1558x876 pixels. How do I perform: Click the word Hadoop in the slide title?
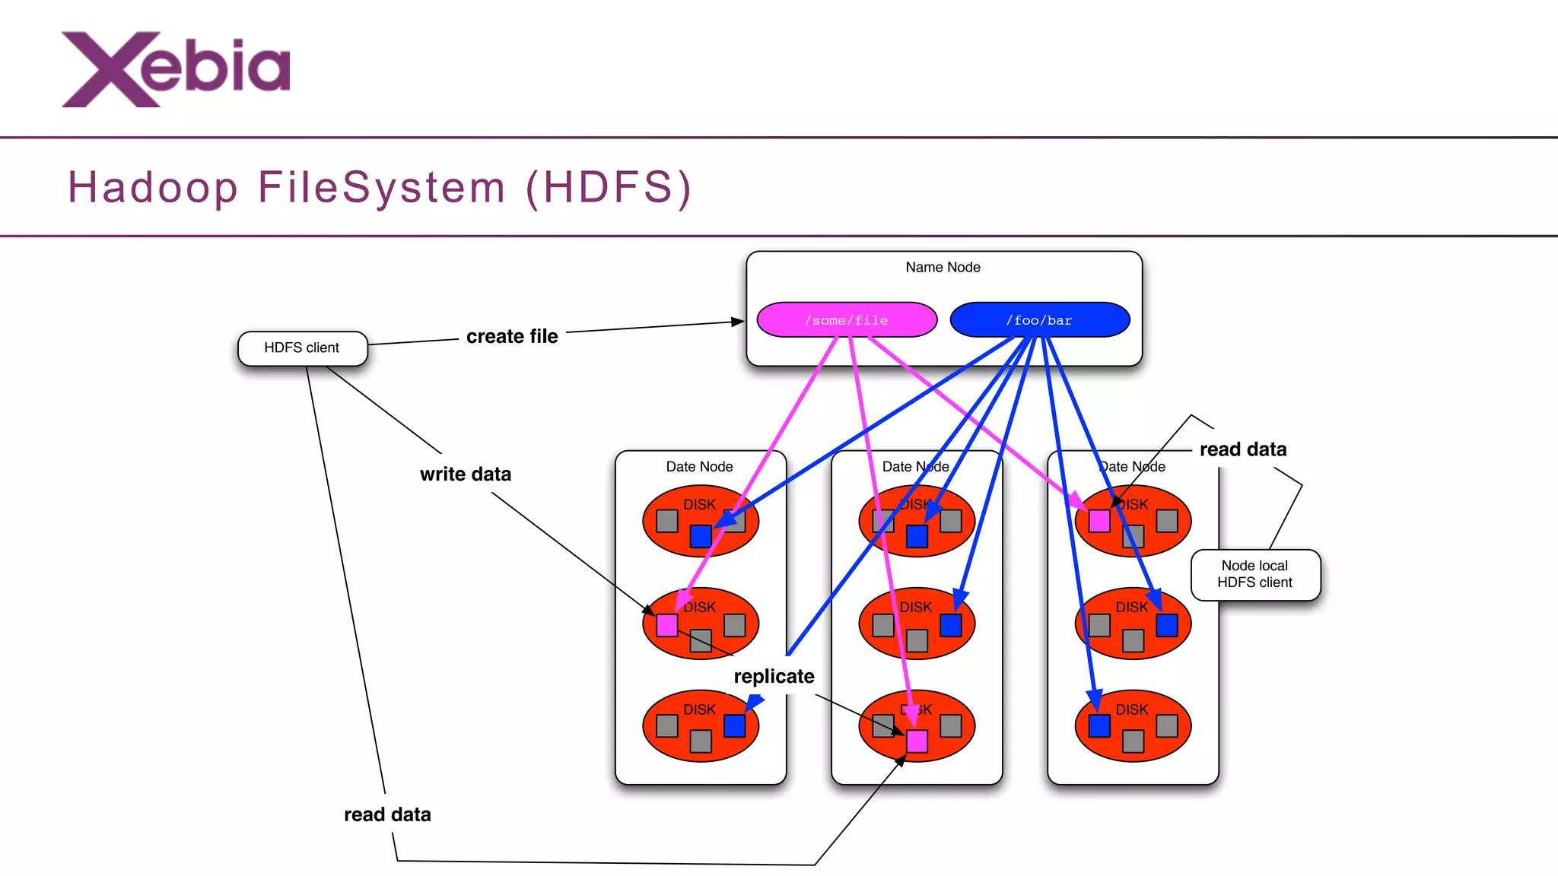(152, 187)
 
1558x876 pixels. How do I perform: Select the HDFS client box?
(302, 348)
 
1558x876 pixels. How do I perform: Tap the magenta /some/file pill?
(846, 320)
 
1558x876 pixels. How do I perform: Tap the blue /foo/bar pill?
(1039, 320)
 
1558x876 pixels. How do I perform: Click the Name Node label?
(943, 268)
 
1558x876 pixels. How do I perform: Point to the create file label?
(512, 336)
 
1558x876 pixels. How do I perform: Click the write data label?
(466, 474)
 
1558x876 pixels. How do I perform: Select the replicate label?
(774, 676)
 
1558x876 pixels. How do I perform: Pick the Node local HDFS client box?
(1255, 575)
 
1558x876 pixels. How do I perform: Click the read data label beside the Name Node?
(1243, 449)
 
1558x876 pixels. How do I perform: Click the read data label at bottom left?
(387, 814)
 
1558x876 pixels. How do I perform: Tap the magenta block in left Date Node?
(667, 625)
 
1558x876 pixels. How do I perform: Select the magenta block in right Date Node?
(1099, 521)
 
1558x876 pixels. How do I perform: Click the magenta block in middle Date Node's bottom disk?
(917, 741)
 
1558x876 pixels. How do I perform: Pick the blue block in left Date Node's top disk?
(701, 536)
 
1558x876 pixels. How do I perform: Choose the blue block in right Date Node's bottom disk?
(1099, 726)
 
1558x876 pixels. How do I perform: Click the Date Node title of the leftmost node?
(699, 467)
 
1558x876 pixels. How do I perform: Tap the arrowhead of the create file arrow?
(738, 322)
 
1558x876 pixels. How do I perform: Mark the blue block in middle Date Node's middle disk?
(951, 625)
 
